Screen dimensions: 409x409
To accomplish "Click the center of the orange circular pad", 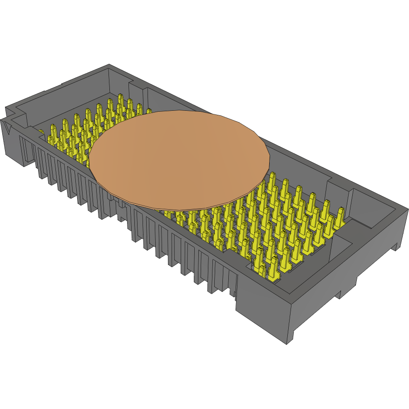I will click(x=180, y=160).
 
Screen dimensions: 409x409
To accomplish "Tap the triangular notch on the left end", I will click(x=9, y=129).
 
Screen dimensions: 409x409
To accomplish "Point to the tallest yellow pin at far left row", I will click(x=121, y=101).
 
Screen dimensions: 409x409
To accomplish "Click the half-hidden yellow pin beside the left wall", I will click(x=42, y=133).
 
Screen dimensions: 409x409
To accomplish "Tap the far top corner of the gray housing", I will click(x=109, y=64).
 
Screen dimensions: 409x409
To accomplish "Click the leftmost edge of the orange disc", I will click(x=89, y=159).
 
